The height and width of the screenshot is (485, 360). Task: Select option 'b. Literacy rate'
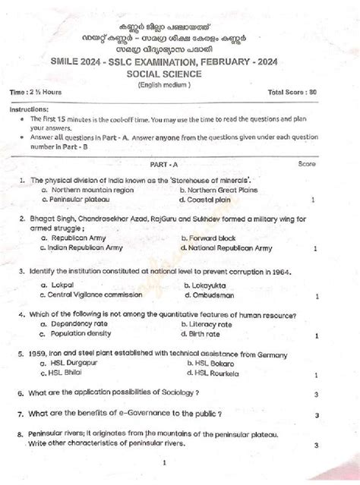click(210, 323)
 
